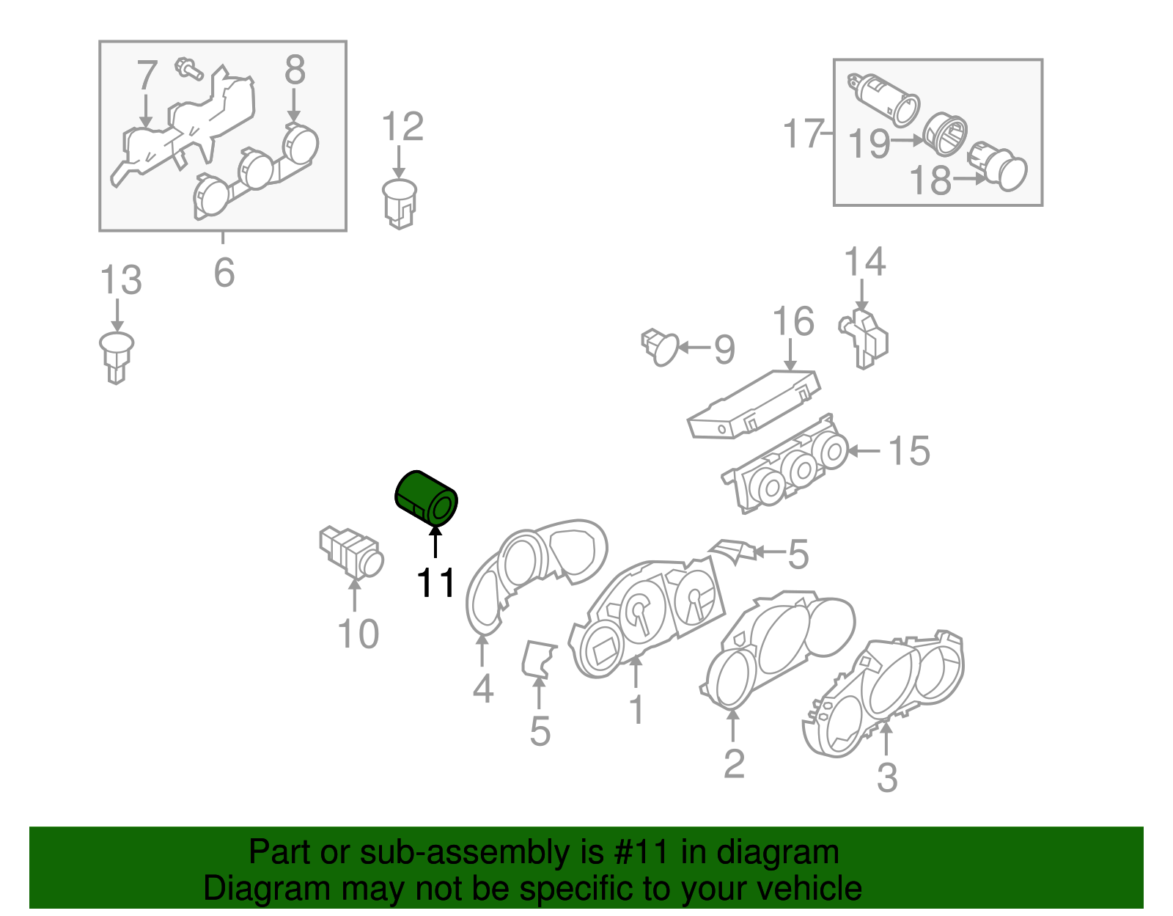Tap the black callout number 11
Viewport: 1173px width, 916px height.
436,584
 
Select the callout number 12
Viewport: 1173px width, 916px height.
402,127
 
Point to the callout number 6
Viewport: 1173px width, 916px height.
224,273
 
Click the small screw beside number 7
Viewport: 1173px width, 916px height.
188,69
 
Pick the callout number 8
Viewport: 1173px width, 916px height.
294,71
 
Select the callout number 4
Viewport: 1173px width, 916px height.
482,689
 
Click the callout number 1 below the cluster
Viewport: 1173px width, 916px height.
636,710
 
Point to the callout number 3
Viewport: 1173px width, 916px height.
887,777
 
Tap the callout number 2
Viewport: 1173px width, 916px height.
733,763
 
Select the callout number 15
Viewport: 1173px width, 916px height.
909,451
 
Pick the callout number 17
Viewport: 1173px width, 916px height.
804,134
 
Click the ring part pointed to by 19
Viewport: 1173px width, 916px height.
945,133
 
